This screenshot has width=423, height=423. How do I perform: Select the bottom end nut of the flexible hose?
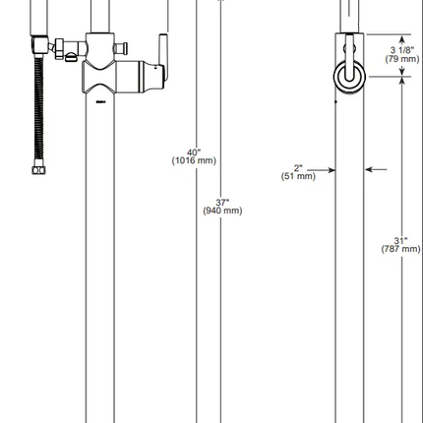click(x=37, y=169)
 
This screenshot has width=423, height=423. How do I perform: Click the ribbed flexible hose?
click(x=37, y=108)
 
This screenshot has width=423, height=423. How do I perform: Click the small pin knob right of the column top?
click(x=122, y=46)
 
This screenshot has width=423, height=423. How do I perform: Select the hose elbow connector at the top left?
click(x=39, y=44)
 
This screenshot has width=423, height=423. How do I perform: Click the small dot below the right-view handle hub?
click(x=335, y=99)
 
